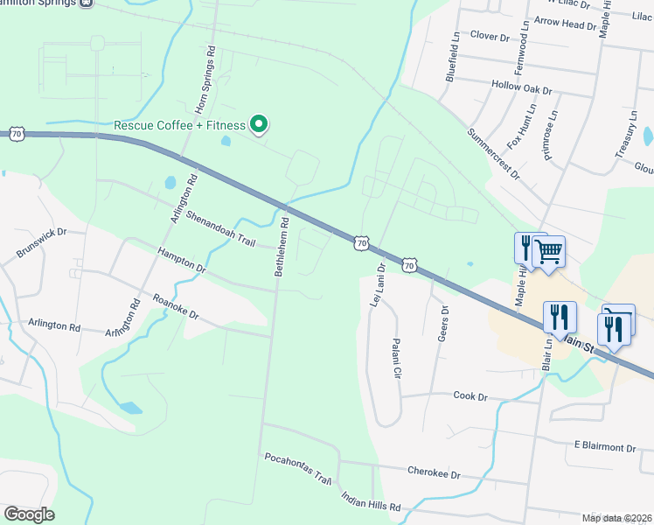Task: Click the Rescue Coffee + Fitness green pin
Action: coord(259,125)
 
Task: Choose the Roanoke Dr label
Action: coord(176,304)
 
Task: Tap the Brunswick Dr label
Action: coord(41,244)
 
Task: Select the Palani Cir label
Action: coord(396,358)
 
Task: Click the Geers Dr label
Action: coord(442,323)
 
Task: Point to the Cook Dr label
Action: coord(470,396)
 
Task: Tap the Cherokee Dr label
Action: coord(434,472)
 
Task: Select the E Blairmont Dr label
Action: coord(604,447)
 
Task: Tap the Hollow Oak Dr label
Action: coord(522,89)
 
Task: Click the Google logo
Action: coord(29,514)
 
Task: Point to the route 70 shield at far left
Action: coord(17,134)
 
